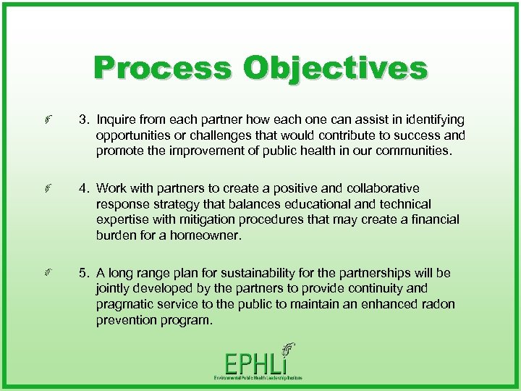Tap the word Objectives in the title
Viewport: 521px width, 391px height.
[x=335, y=69]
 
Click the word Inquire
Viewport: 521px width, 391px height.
[x=118, y=119]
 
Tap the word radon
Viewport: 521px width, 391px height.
[x=437, y=304]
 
